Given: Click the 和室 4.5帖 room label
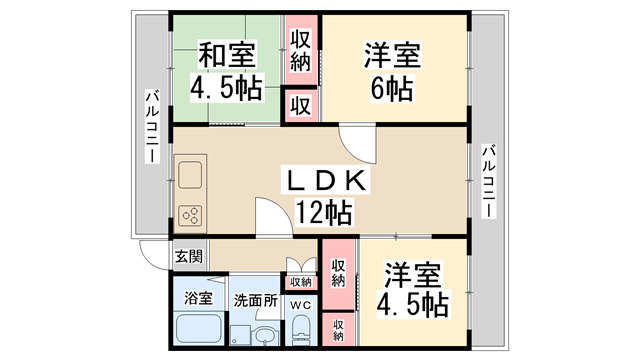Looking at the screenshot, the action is pos(227,71).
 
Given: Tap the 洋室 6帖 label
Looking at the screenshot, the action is pos(392,71).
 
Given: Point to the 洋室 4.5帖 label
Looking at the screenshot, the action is pos(412,290).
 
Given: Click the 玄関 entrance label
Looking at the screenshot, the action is pos(189,256).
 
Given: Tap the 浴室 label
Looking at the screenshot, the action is pos(198,298).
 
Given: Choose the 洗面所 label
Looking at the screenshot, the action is pos(256,301).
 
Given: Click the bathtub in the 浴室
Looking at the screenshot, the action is pos(199,329).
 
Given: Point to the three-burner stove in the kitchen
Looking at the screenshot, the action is pos(191,216).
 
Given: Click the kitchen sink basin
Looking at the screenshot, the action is pos(190,175).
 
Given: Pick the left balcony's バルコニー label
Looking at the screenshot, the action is pos(152,127).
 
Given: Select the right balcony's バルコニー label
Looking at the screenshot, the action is pos(489,181).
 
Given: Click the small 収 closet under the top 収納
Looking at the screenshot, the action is pos(301,106).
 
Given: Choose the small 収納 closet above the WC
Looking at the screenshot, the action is pos(301,282).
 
